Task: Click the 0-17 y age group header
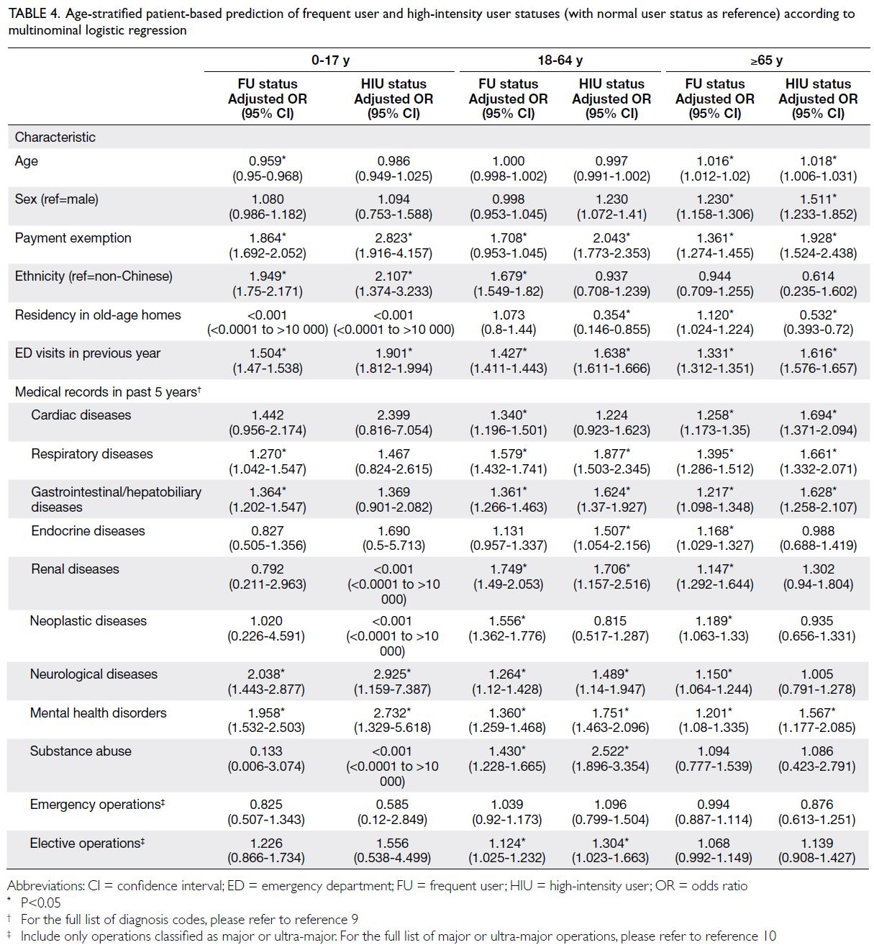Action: (x=330, y=60)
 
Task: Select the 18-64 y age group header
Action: (x=560, y=60)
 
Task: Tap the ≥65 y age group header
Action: (x=766, y=60)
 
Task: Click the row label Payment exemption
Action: (x=73, y=237)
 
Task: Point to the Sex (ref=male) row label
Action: (x=56, y=199)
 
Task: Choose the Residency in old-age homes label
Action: (x=98, y=315)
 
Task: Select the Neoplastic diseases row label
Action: (x=88, y=621)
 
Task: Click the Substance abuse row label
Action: (x=81, y=751)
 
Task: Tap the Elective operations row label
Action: (x=87, y=843)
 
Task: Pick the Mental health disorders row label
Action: (x=98, y=712)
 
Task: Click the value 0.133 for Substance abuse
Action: (x=267, y=751)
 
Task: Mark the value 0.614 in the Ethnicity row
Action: (x=818, y=276)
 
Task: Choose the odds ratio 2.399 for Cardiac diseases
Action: (x=393, y=415)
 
